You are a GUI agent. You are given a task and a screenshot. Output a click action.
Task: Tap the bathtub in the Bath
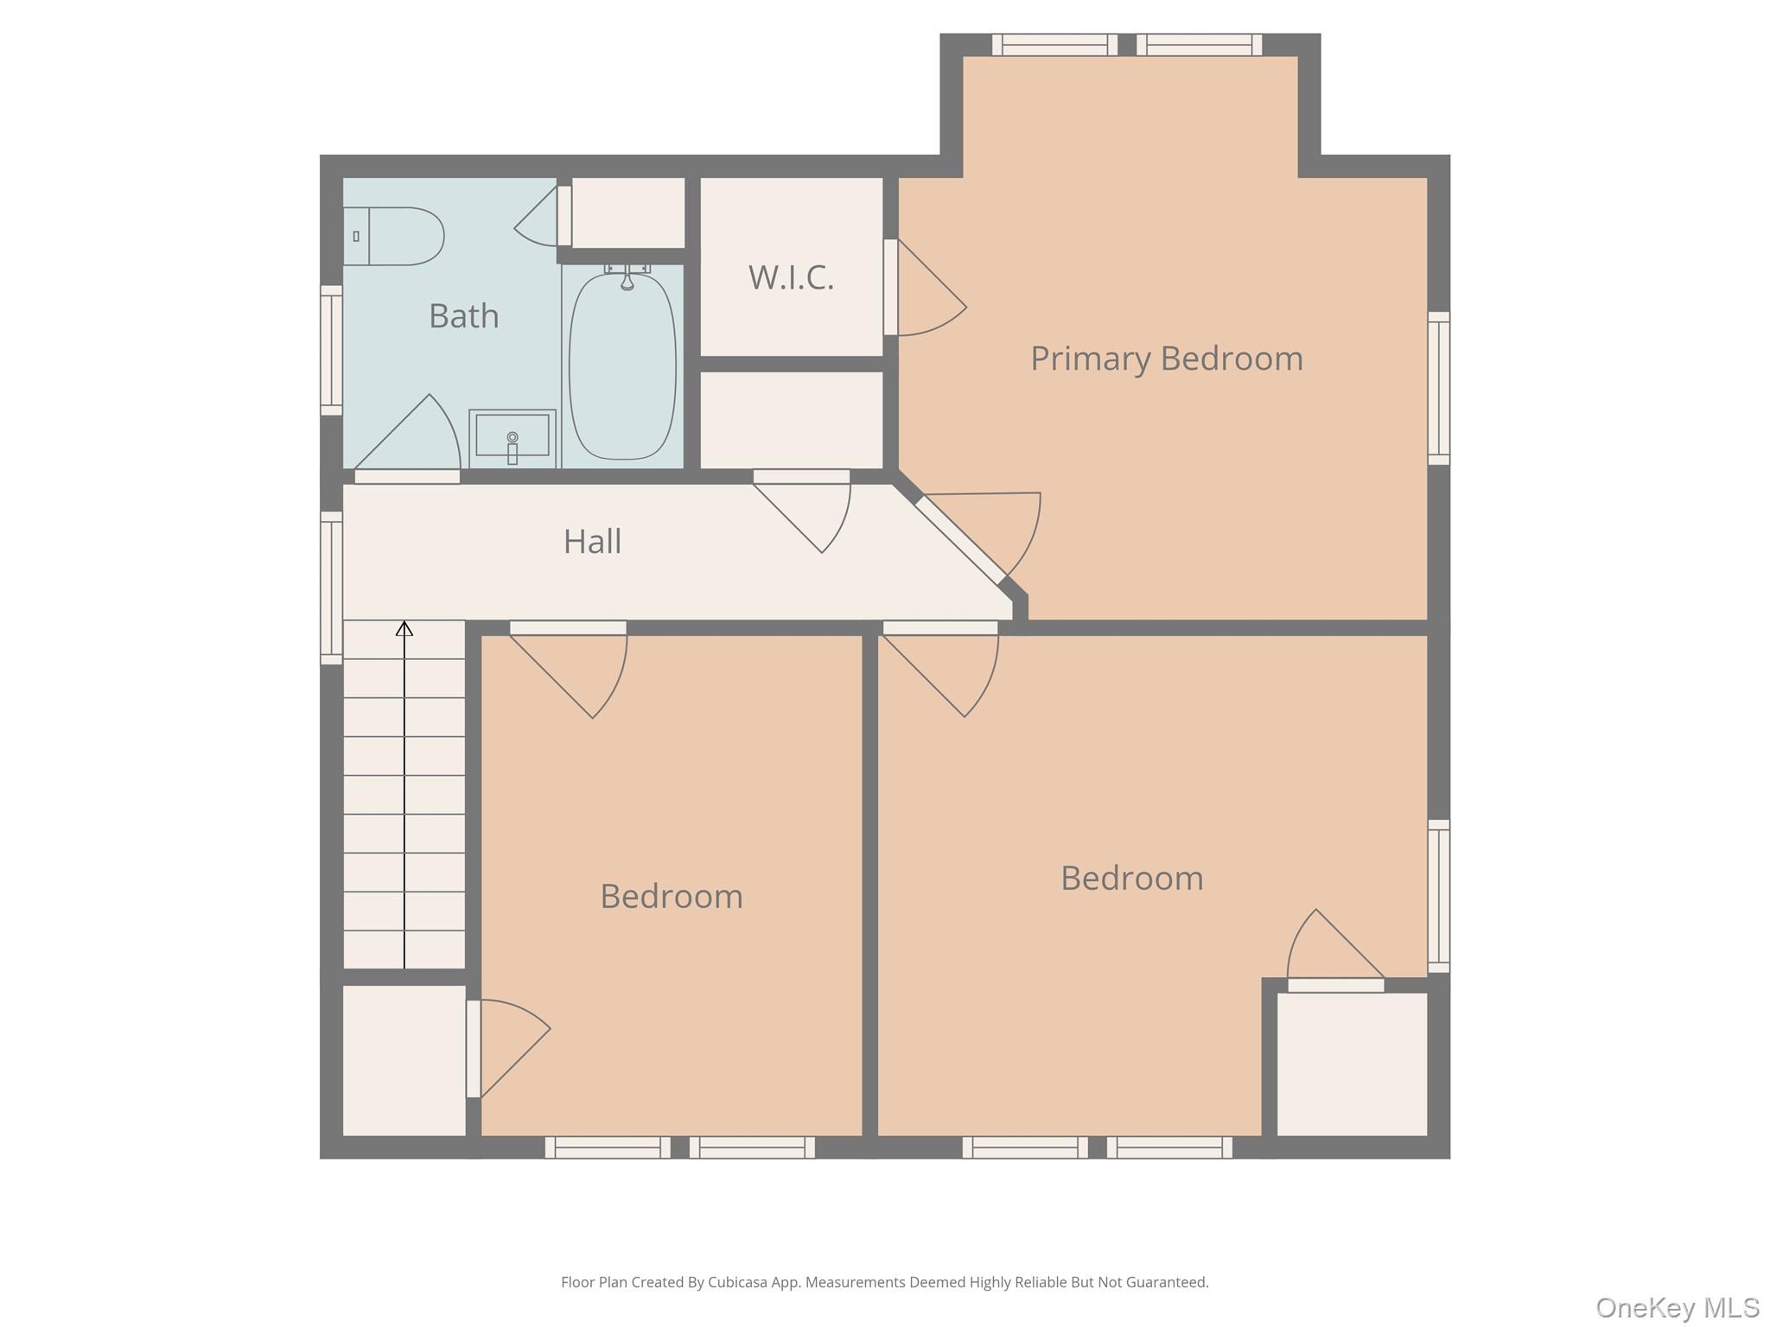(622, 367)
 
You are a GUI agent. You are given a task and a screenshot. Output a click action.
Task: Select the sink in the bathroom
(513, 436)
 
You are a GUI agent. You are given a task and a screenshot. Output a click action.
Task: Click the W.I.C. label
(791, 278)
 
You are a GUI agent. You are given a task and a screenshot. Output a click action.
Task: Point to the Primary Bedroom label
(1166, 359)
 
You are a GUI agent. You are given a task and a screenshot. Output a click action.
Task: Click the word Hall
(592, 542)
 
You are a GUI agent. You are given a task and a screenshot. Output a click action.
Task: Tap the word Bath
(464, 316)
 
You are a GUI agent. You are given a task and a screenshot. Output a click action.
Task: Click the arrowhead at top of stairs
(404, 629)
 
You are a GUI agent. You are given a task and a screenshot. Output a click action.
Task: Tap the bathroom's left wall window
(332, 350)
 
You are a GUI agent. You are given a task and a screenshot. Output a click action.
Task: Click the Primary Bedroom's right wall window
(1438, 388)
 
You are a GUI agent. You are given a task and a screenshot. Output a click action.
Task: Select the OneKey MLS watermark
(1677, 1307)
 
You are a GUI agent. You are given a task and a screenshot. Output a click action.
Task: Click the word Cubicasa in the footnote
(740, 1282)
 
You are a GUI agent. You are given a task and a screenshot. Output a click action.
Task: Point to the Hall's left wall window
(332, 587)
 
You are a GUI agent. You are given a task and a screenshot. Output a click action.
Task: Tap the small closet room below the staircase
(404, 1060)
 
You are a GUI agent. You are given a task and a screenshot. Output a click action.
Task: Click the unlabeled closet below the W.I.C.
(791, 421)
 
